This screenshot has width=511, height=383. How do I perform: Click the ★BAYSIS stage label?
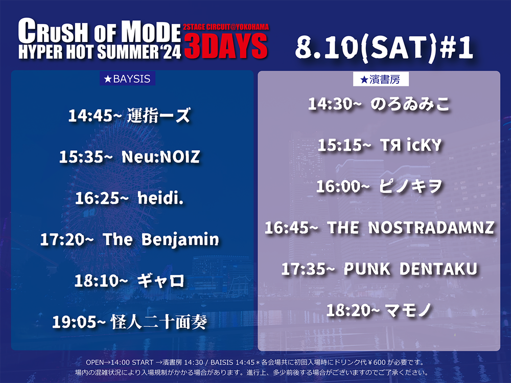(x=127, y=79)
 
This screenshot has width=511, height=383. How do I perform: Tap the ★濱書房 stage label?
(x=381, y=79)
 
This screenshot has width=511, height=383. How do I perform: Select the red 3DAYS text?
(x=226, y=47)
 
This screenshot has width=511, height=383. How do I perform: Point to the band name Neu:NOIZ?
(x=160, y=156)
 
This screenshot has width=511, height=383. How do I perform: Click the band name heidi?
(x=160, y=198)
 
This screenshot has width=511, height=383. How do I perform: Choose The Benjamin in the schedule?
(x=161, y=239)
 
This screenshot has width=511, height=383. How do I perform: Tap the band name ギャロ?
(x=161, y=281)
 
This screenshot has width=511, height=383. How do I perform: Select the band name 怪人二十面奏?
(x=159, y=322)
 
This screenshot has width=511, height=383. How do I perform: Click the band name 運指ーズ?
(x=159, y=115)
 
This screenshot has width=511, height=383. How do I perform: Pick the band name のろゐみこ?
(x=410, y=104)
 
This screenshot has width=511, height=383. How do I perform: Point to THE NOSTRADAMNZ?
(x=411, y=228)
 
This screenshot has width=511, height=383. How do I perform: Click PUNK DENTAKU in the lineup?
(x=411, y=269)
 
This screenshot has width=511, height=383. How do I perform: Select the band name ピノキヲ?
(x=411, y=186)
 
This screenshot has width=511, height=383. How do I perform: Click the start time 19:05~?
(x=79, y=322)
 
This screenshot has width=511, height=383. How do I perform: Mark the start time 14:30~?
(x=335, y=104)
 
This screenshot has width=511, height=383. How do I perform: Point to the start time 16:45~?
(x=291, y=228)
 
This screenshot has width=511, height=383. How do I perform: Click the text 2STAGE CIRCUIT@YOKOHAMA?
(x=226, y=27)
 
